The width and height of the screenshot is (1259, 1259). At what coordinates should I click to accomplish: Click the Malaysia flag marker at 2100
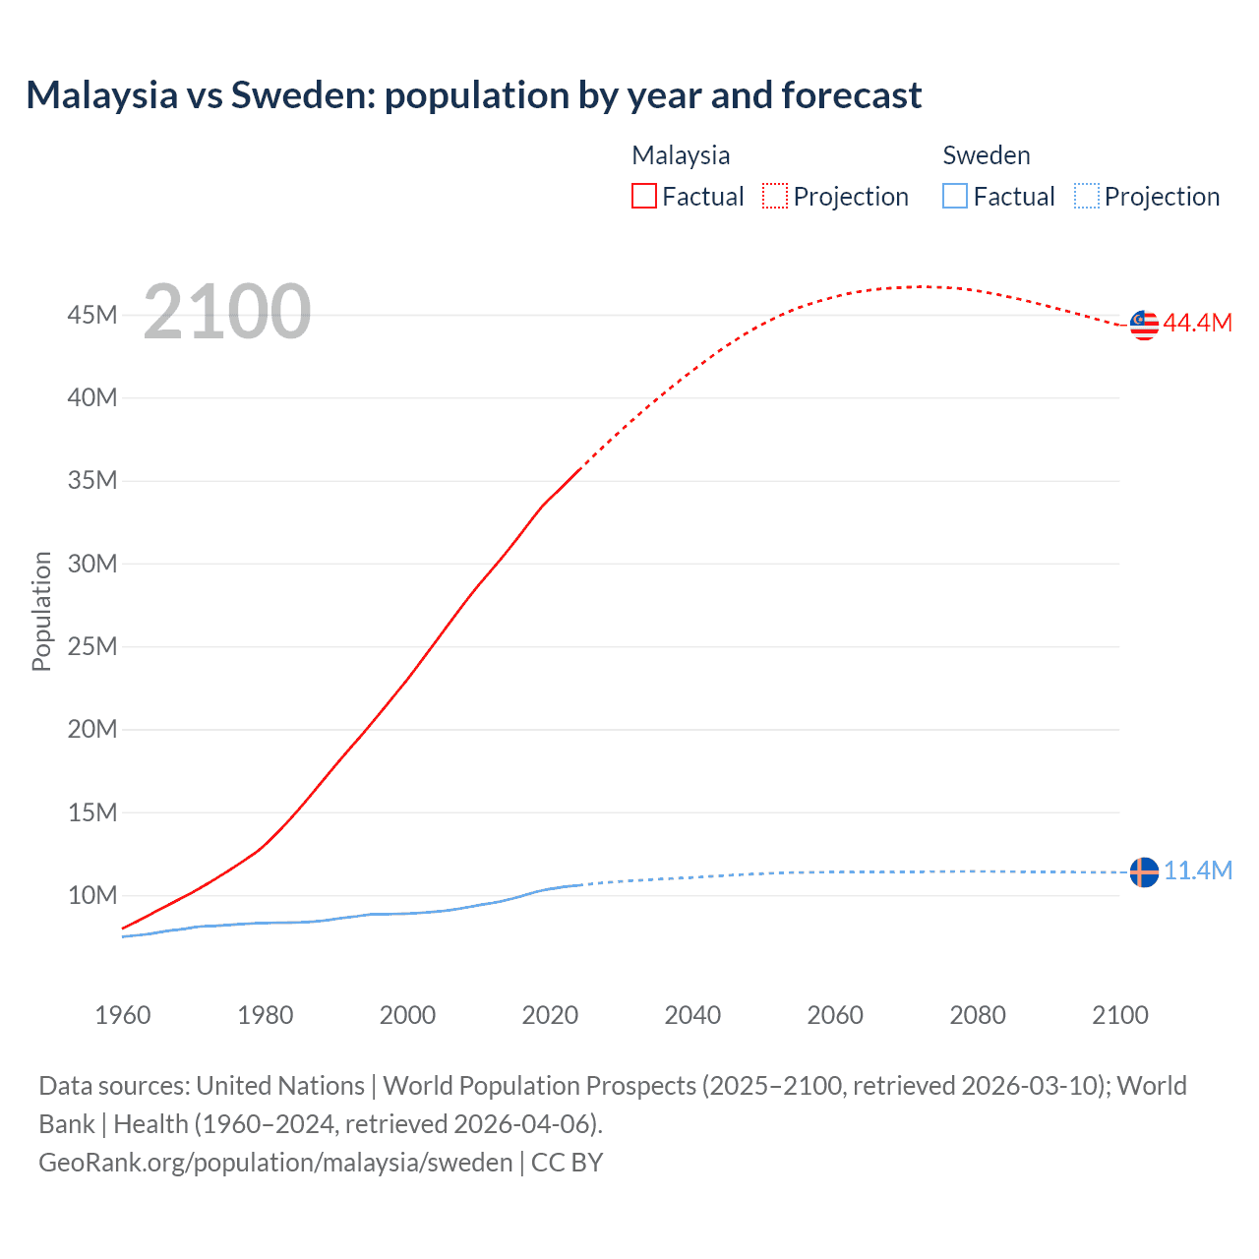pyautogui.click(x=1144, y=325)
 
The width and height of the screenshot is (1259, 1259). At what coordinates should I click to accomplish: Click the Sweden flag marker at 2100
pyautogui.click(x=1144, y=871)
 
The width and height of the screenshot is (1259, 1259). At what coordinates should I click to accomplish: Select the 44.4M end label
pyautogui.click(x=1197, y=323)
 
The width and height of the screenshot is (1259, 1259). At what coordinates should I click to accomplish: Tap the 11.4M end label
pyautogui.click(x=1198, y=870)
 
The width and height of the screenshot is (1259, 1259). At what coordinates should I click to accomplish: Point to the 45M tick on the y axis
pyautogui.click(x=92, y=315)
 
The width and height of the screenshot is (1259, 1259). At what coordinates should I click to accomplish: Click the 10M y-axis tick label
pyautogui.click(x=92, y=895)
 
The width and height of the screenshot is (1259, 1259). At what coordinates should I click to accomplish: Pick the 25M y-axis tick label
pyautogui.click(x=92, y=646)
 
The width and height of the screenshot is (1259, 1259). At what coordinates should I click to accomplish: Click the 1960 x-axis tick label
pyautogui.click(x=123, y=1015)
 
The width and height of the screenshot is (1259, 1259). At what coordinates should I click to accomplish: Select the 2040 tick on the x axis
pyautogui.click(x=692, y=1015)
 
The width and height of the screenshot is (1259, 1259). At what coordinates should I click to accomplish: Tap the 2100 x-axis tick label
pyautogui.click(x=1119, y=1015)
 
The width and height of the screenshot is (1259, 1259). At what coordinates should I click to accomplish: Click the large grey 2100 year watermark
pyautogui.click(x=227, y=312)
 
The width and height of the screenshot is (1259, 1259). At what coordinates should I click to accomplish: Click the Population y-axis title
pyautogui.click(x=41, y=611)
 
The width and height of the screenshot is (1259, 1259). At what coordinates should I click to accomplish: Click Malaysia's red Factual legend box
pyautogui.click(x=644, y=196)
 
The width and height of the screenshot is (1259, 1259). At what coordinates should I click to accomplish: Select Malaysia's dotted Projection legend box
pyautogui.click(x=775, y=196)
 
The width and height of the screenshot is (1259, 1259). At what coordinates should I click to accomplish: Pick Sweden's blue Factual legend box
pyautogui.click(x=955, y=196)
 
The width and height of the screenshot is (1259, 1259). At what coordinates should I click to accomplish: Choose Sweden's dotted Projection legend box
pyautogui.click(x=1086, y=196)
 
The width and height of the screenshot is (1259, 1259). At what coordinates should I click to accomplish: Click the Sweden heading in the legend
pyautogui.click(x=986, y=155)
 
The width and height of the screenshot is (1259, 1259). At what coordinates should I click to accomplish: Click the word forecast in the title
pyautogui.click(x=852, y=95)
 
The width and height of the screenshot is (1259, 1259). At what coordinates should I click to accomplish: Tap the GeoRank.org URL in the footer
pyautogui.click(x=275, y=1162)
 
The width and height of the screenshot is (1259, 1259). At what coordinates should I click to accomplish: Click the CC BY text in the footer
pyautogui.click(x=567, y=1162)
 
